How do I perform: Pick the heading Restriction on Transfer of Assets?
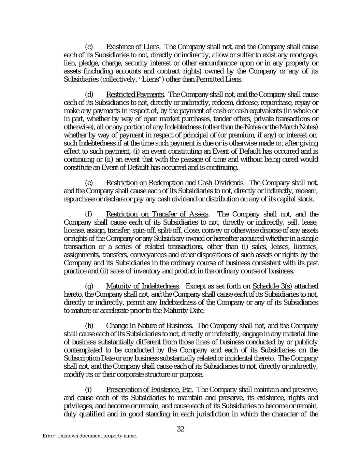(157, 214)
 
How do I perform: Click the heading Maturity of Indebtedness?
(143, 286)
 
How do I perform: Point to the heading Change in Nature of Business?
(149, 326)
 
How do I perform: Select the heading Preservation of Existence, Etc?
(149, 390)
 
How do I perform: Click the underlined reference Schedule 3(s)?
(272, 286)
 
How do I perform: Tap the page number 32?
(181, 429)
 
